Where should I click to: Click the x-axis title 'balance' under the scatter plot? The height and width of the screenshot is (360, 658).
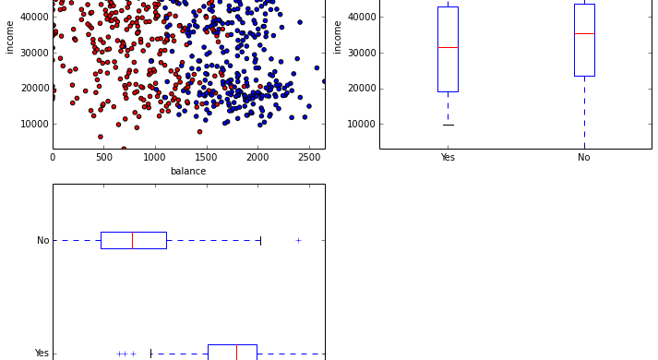[x=188, y=171]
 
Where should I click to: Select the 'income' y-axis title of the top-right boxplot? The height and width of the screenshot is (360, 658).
[x=338, y=36]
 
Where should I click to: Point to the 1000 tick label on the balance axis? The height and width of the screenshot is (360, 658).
[x=154, y=158]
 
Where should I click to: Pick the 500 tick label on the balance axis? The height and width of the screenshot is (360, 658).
[x=103, y=158]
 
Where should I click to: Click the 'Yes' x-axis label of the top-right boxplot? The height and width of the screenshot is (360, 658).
[x=448, y=158]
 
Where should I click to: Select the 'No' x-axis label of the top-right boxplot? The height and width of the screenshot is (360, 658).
[x=583, y=158]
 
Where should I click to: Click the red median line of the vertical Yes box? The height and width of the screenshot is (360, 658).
[x=448, y=47]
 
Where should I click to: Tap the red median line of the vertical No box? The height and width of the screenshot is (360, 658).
[x=584, y=33]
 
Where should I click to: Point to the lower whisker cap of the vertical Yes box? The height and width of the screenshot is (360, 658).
[x=448, y=125]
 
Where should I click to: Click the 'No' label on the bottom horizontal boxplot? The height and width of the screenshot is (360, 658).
[x=42, y=241]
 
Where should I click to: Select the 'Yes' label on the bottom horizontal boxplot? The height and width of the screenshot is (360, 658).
[x=42, y=354]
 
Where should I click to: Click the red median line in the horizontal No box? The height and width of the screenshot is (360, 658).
[x=132, y=240]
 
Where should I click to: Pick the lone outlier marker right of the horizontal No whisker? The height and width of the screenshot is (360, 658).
[x=298, y=240]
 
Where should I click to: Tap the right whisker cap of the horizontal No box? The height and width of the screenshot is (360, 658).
[x=260, y=240]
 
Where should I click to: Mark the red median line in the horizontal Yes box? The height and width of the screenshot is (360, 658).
[x=236, y=353]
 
